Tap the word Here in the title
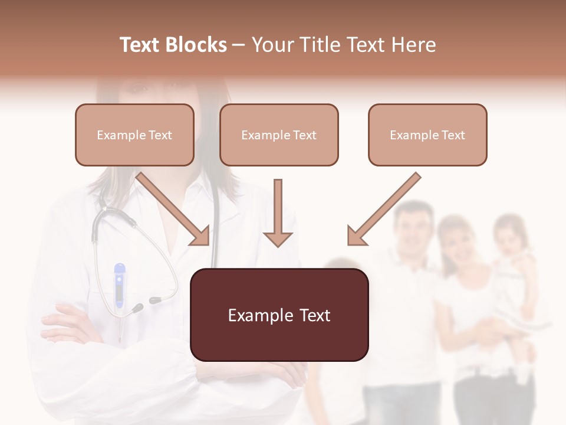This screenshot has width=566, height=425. point(413,45)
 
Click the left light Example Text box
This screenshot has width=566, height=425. point(134,135)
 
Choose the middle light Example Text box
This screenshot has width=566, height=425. point(279,135)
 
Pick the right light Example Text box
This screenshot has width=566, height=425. point(427,135)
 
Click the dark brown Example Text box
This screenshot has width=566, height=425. point(279,315)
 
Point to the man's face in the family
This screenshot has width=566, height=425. point(416,227)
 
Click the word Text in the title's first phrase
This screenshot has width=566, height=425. point(141,45)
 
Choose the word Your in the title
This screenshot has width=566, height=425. point(269,45)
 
